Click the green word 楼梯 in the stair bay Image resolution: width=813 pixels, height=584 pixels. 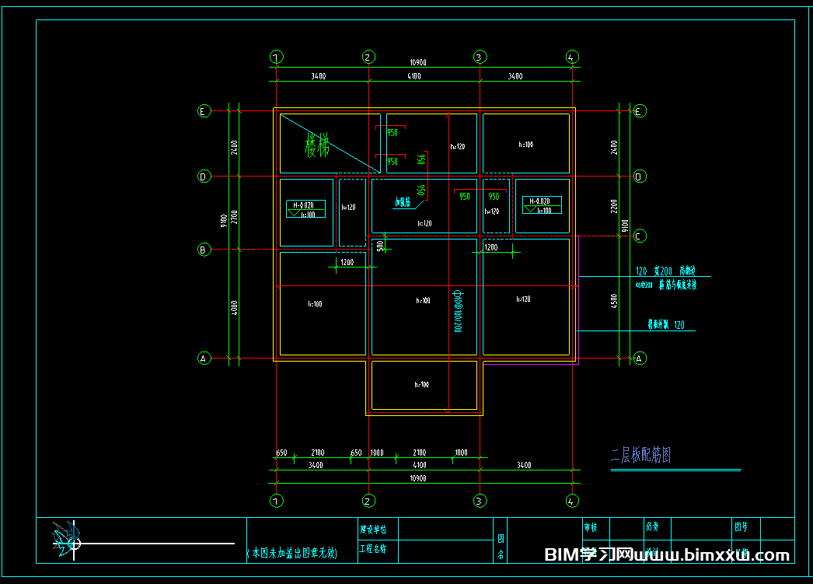pos(317,145)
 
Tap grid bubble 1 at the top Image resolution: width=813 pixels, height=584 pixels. pos(277,57)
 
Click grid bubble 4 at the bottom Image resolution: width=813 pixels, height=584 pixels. pos(572,501)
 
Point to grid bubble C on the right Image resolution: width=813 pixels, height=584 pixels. pos(640,236)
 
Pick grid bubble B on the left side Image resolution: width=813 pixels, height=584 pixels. pos(204,250)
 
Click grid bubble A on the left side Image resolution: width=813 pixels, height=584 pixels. pos(204,358)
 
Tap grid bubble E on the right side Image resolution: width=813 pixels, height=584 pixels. pos(639,111)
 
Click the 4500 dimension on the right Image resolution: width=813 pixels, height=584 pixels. pos(614,300)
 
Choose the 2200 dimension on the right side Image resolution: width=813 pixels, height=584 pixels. pos(614,206)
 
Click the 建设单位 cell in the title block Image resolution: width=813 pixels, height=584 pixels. pos(378,529)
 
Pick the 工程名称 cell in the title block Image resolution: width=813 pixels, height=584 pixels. pos(378,549)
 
